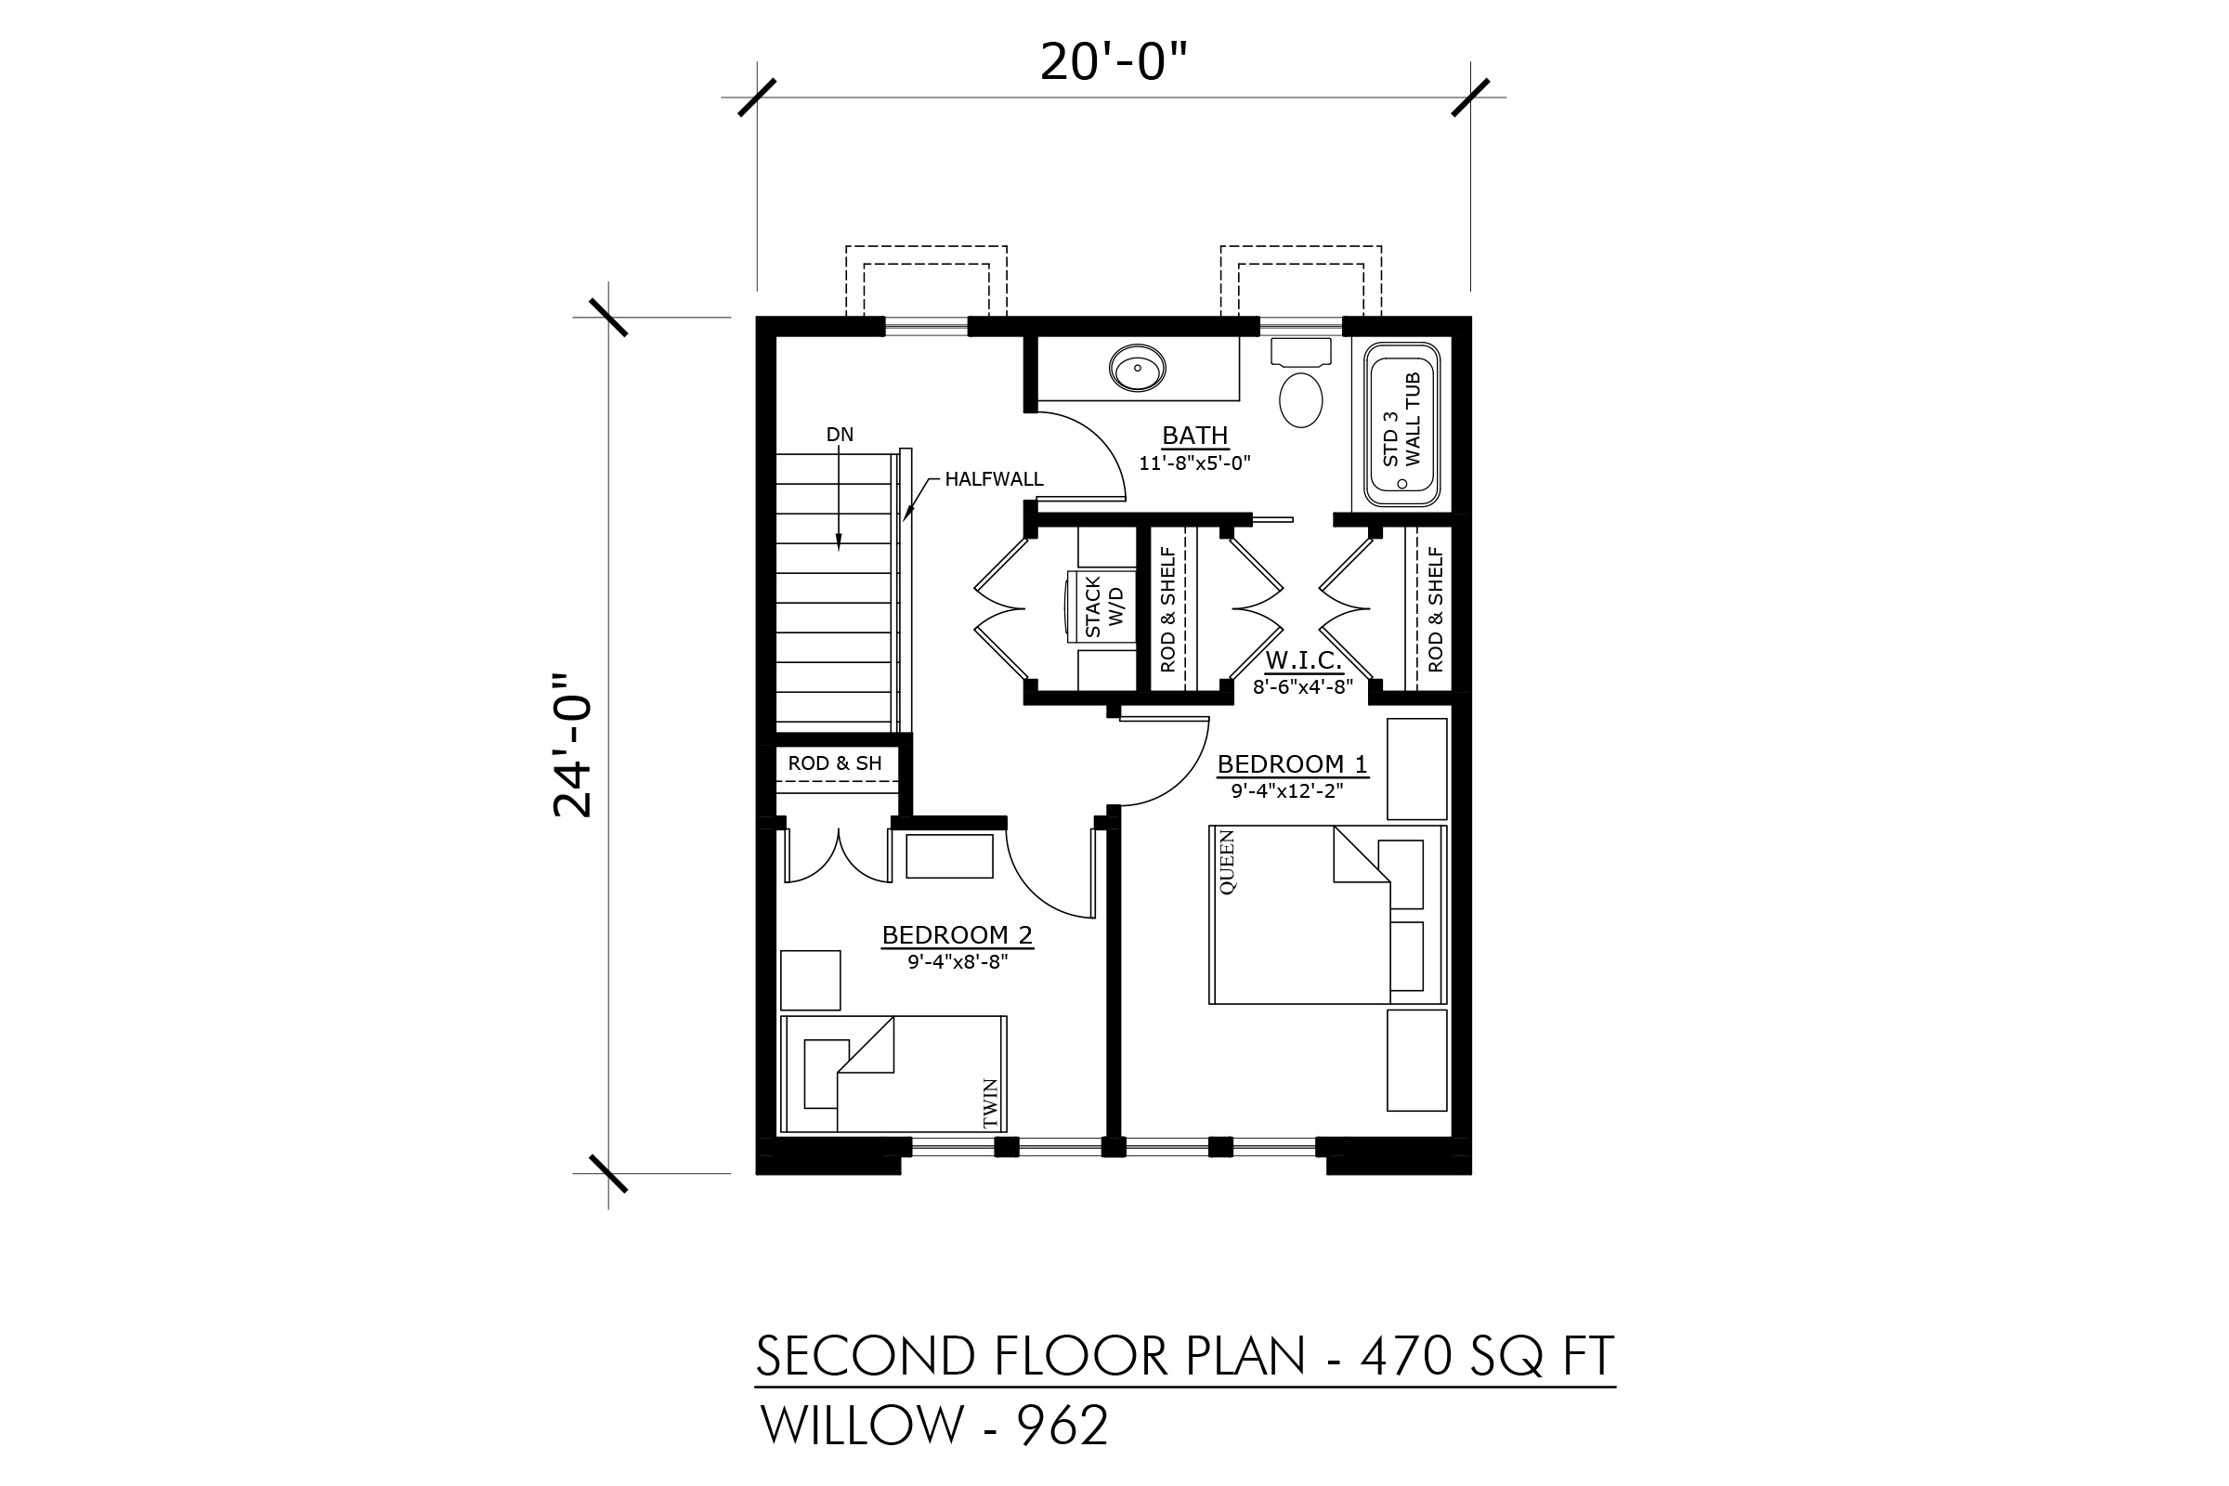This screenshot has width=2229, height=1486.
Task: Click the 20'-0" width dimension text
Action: click(x=1114, y=62)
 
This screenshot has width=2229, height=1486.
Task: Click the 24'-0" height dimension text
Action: click(x=572, y=745)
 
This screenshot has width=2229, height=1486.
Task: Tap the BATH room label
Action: click(x=1195, y=435)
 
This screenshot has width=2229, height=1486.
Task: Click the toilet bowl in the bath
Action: click(x=1300, y=400)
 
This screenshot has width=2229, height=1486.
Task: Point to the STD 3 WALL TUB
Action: click(x=1401, y=424)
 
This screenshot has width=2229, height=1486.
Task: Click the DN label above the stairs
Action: click(x=840, y=435)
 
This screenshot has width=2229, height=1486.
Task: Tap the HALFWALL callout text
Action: click(x=994, y=479)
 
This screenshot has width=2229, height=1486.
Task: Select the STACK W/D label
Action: click(x=1104, y=606)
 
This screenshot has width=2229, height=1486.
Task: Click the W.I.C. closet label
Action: click(x=1303, y=659)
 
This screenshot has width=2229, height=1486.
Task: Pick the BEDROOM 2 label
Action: click(x=958, y=935)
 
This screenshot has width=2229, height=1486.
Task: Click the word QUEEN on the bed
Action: click(x=1227, y=863)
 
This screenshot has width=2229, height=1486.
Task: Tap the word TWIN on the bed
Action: click(x=990, y=1104)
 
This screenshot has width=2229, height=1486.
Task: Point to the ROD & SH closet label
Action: click(x=835, y=763)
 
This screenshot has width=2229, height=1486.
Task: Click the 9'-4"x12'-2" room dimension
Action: click(x=1287, y=790)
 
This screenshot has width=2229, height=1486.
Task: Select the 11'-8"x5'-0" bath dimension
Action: click(x=1195, y=463)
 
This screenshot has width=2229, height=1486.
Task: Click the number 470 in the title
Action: click(x=1405, y=1356)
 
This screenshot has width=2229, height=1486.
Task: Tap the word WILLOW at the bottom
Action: click(x=863, y=1426)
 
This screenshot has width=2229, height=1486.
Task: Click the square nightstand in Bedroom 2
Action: click(x=810, y=980)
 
